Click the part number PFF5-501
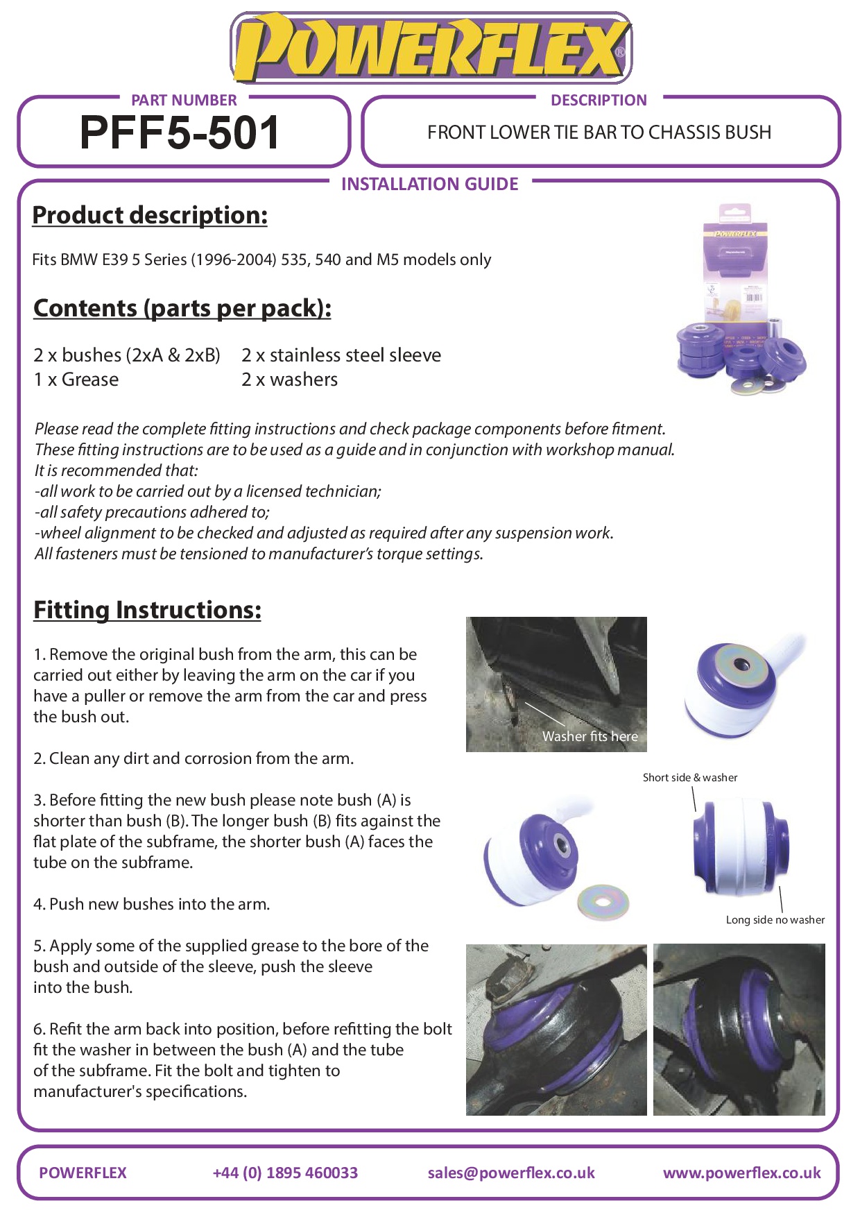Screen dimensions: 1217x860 (180, 133)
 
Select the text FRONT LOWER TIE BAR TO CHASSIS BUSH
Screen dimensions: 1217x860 (599, 133)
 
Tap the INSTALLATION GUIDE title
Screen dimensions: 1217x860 (429, 184)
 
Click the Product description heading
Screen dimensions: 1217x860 (150, 215)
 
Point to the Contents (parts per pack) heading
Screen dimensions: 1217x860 (182, 308)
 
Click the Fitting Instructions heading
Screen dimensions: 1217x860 (147, 610)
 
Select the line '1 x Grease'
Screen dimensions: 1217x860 (76, 380)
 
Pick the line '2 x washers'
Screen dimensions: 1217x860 (289, 380)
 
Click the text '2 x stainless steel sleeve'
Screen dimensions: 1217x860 (341, 355)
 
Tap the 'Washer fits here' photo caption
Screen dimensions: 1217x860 (590, 736)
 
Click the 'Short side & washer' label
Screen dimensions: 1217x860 (690, 778)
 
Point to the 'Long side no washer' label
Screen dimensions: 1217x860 (775, 920)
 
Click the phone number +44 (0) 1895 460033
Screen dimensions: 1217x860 (285, 1173)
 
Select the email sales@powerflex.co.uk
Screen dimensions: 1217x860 (511, 1173)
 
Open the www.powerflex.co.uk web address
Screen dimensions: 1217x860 (741, 1173)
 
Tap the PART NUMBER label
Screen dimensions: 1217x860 (184, 101)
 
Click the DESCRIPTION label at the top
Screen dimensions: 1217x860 (599, 101)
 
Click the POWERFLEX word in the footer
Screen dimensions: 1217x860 (83, 1173)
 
